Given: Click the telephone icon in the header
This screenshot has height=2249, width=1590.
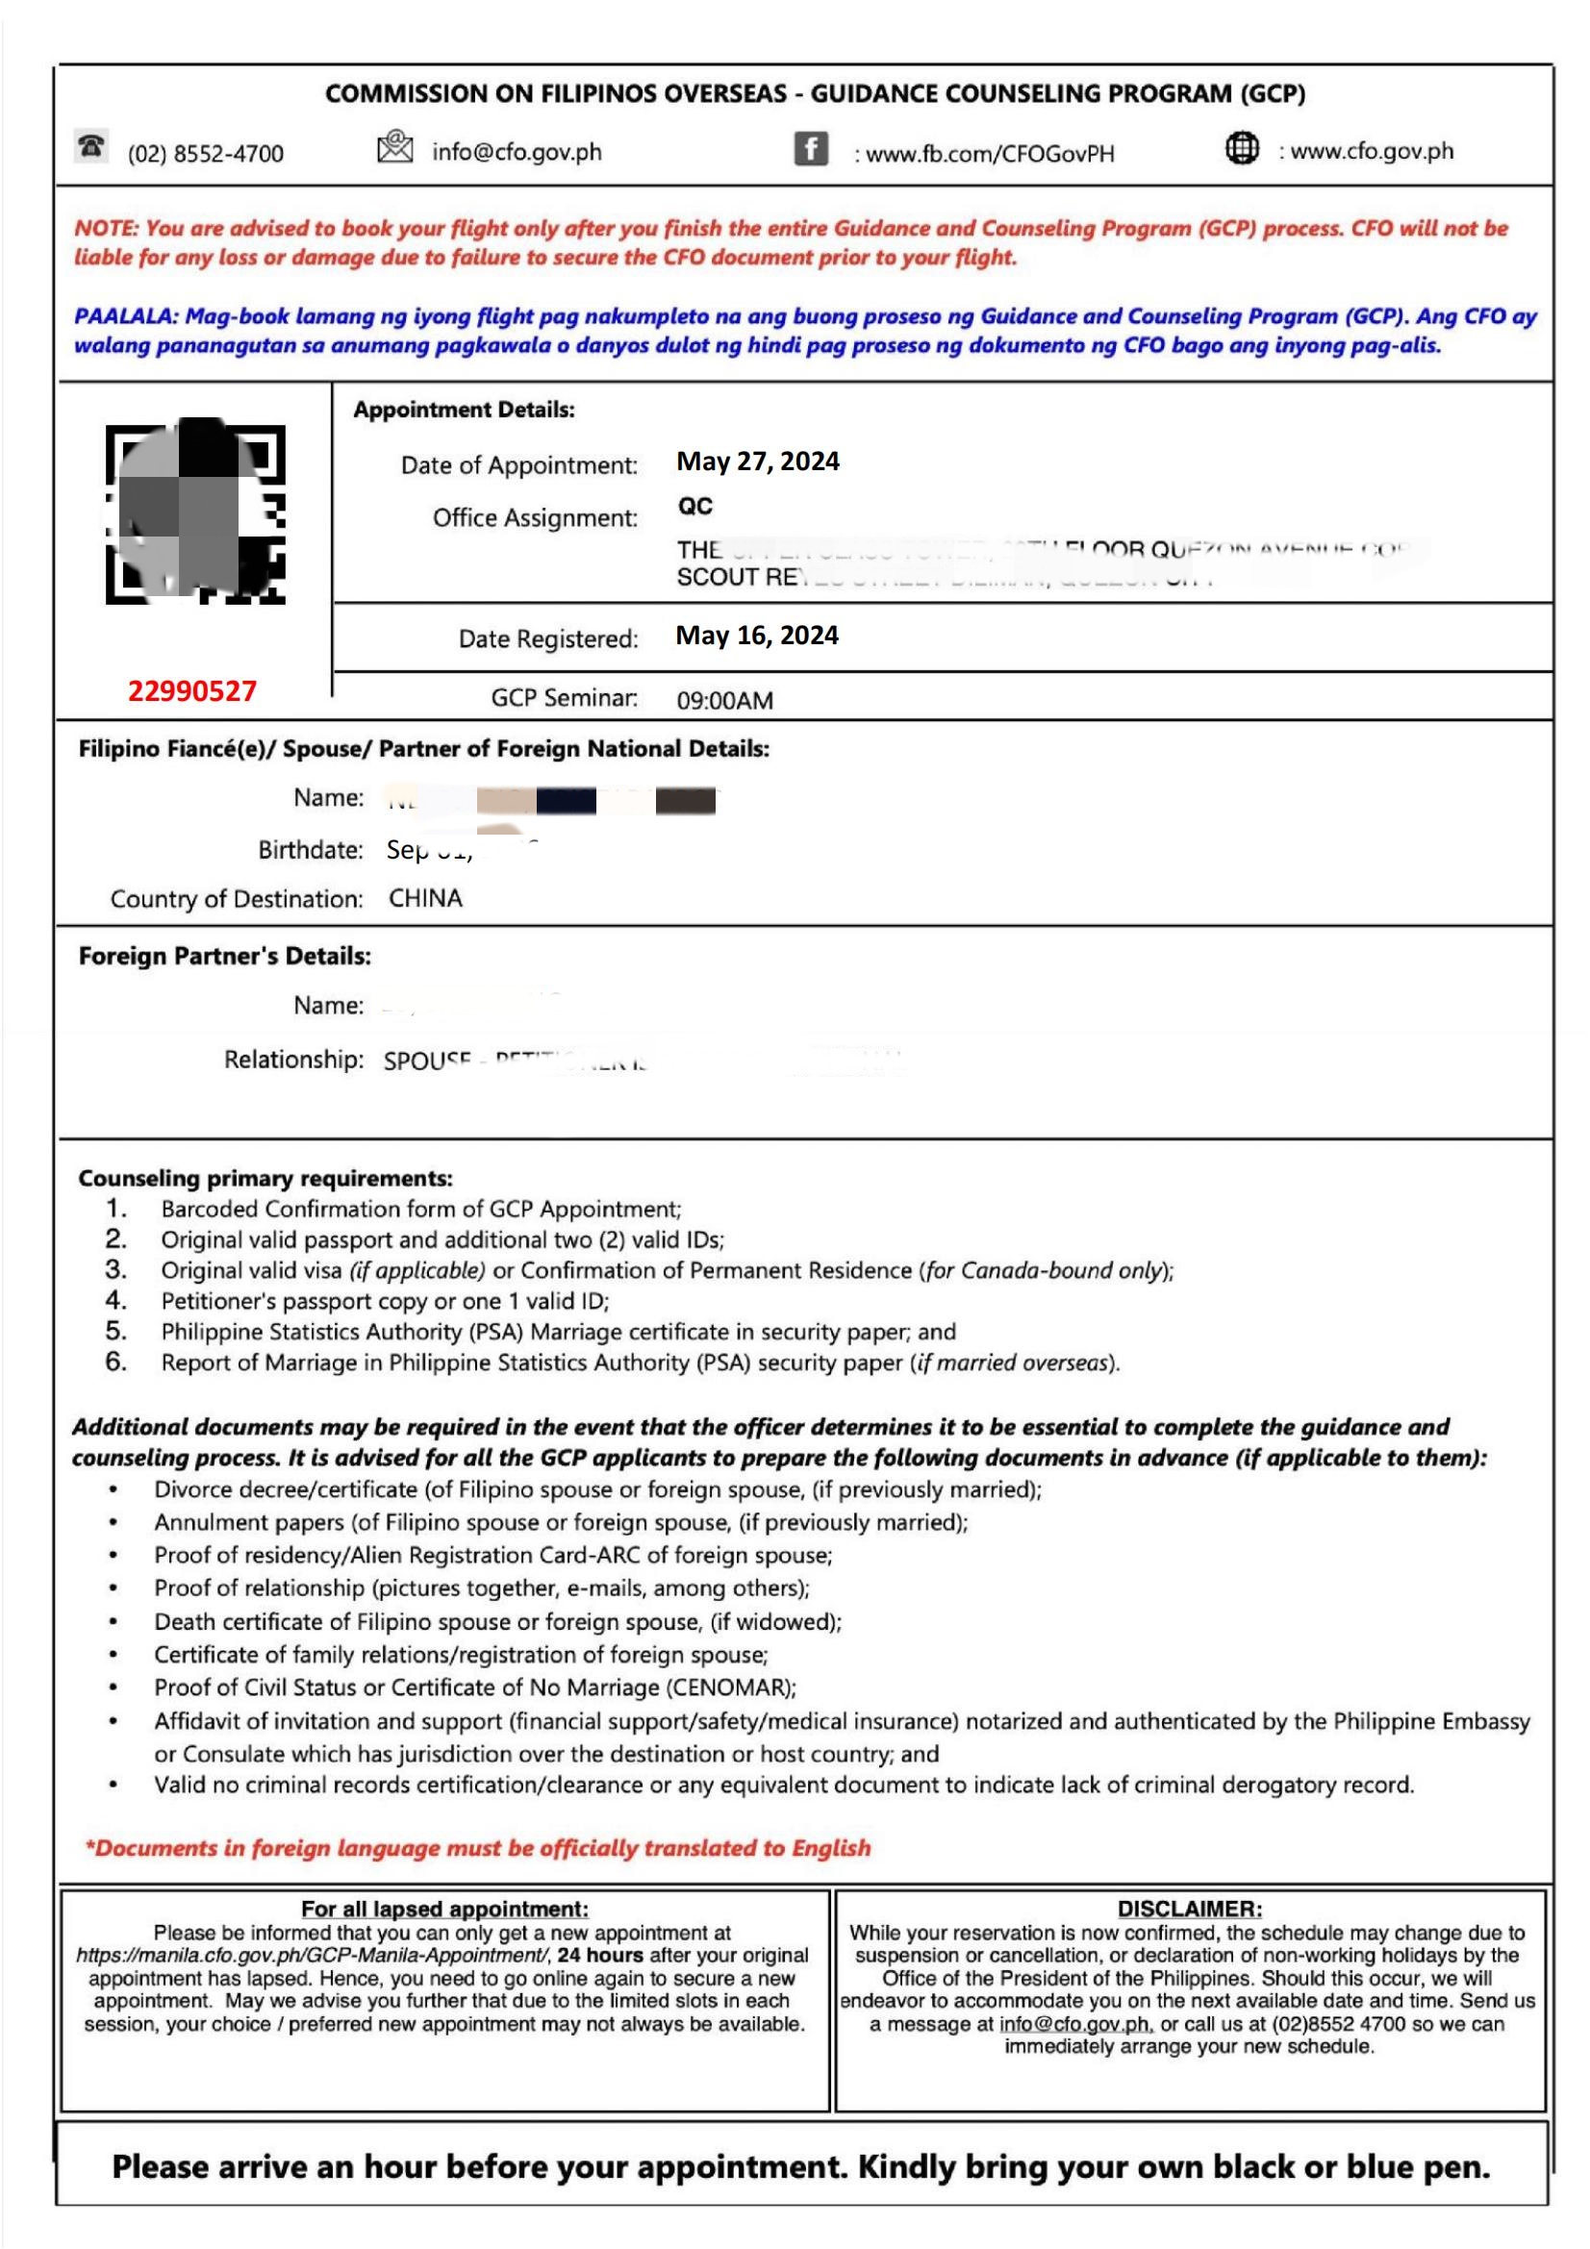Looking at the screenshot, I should [91, 147].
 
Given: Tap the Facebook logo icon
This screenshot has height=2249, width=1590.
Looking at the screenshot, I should [810, 150].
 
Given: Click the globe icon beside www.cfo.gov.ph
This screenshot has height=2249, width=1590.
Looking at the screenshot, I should [1241, 149].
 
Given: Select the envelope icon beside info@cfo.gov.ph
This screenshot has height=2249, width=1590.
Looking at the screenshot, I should [393, 147].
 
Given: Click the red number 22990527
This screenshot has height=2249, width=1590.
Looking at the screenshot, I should [192, 691].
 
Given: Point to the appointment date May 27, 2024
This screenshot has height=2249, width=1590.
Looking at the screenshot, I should [757, 462].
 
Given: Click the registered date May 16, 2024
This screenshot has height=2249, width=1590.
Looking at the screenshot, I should [756, 636].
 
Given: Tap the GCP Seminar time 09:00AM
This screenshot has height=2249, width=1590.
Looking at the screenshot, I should [724, 700].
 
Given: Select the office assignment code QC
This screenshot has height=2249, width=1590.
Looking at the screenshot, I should [694, 507].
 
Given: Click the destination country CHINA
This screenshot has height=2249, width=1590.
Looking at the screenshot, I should [425, 898].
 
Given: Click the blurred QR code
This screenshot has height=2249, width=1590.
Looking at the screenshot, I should [195, 513].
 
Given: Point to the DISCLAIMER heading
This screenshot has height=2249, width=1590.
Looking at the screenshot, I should [1189, 1908].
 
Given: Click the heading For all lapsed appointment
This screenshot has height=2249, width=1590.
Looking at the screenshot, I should [444, 1908].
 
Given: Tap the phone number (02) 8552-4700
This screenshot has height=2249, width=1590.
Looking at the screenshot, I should [206, 154].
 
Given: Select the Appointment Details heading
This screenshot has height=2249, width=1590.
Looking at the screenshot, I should [464, 410].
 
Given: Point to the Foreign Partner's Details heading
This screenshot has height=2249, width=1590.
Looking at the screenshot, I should [224, 956].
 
